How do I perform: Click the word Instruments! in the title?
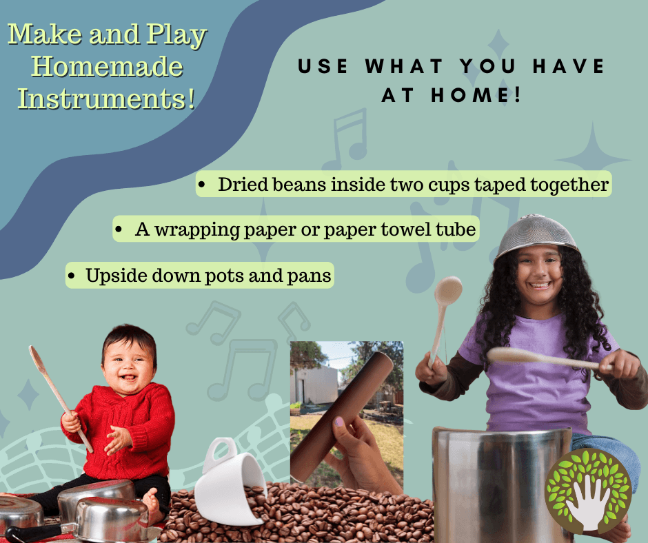(x=107, y=99)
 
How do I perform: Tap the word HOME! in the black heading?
(x=476, y=95)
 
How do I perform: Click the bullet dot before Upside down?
(x=72, y=276)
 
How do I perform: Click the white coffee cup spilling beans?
(x=228, y=482)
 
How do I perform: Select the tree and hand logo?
(x=589, y=491)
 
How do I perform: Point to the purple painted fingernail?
(x=339, y=422)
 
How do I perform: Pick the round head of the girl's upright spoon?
(x=448, y=291)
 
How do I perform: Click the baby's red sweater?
(x=124, y=430)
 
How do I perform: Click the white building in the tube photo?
(x=314, y=385)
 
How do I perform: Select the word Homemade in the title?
(x=107, y=67)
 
